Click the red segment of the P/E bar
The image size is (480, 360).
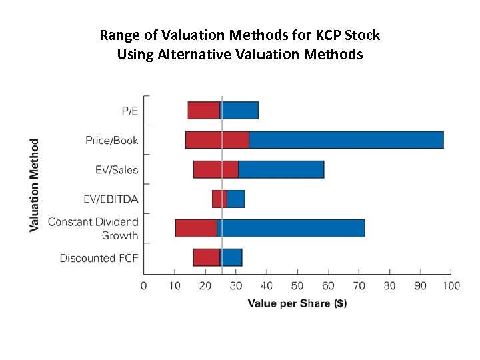[x=203, y=111]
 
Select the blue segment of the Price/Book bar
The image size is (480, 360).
[x=345, y=140]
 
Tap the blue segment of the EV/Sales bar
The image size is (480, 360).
[x=281, y=169]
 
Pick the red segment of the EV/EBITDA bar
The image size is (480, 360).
[x=219, y=199]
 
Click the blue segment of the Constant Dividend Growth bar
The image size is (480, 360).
[x=292, y=228]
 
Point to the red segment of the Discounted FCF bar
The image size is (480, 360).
[x=206, y=257]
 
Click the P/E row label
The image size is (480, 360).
[x=129, y=111]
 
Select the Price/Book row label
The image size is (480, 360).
[x=111, y=140]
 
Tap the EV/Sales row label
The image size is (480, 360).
[x=117, y=169]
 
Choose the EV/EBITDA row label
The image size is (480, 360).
[x=111, y=199]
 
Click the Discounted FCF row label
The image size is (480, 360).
[x=99, y=258]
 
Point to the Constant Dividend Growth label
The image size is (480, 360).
[x=93, y=229]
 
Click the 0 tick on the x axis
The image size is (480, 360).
[x=144, y=286]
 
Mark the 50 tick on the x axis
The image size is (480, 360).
[x=297, y=286]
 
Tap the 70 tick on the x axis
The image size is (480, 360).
[x=359, y=286]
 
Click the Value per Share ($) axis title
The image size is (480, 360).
[x=297, y=303]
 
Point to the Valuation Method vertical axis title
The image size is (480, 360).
[x=35, y=185]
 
